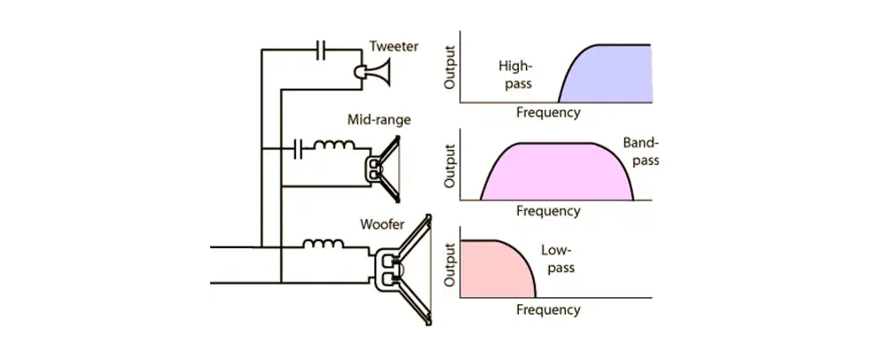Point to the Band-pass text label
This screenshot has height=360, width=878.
pos(642,151)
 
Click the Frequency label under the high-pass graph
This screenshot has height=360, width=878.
pos(548,113)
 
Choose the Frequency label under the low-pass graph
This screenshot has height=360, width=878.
pos(548,309)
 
